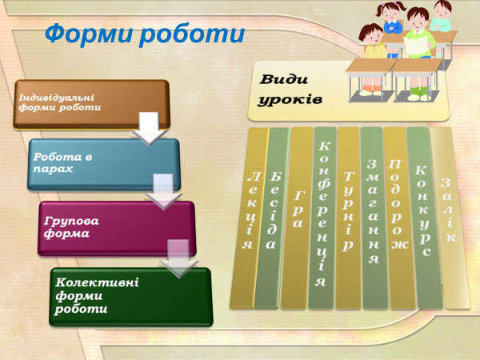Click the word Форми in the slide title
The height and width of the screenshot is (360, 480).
tap(90, 34)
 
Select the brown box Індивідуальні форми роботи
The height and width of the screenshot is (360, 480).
tap(91, 104)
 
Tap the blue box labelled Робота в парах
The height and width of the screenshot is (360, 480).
tap(103, 164)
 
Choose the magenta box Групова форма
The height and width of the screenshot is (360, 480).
tap(117, 228)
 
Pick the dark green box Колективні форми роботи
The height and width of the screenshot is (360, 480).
tap(130, 297)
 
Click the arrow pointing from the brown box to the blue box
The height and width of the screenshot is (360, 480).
tap(150, 128)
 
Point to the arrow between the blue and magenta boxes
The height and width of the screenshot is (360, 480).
tap(164, 192)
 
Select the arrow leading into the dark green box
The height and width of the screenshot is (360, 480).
tap(179, 258)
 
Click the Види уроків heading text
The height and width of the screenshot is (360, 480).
tap(290, 90)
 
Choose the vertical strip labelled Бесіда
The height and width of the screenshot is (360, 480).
tap(271, 218)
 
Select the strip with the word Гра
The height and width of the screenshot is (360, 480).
tap(296, 218)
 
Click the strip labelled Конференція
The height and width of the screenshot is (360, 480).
tap(322, 218)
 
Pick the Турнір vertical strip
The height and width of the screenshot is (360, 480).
tap(348, 218)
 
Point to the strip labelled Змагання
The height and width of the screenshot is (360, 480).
tap(374, 218)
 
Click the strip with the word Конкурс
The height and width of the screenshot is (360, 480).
tap(424, 218)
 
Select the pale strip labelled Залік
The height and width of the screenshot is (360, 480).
tap(450, 218)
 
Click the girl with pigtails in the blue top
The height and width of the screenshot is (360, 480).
tap(391, 18)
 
